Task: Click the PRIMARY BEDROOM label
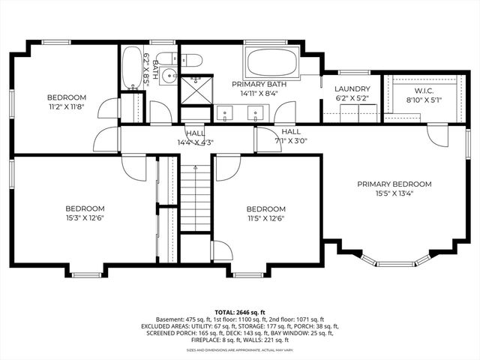coord(394,184)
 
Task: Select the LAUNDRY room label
coord(352,88)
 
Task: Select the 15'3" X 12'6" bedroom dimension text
coord(84,219)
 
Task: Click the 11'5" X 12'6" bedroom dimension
coord(266,220)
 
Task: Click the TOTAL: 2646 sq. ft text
coord(240,311)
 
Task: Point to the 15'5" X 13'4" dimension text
coord(394,193)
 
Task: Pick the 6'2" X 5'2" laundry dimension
coord(352,98)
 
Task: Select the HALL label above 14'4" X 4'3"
coord(195,133)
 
